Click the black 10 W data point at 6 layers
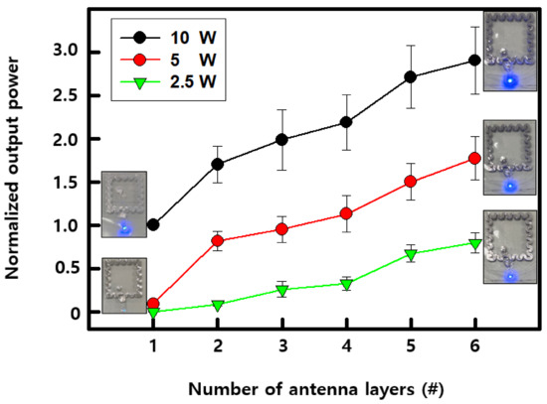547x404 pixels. click(x=474, y=61)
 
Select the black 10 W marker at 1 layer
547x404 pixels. click(x=152, y=225)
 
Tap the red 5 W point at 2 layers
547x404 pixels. click(x=217, y=241)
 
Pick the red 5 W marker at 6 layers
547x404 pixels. click(x=474, y=159)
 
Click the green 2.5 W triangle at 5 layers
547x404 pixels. click(x=410, y=255)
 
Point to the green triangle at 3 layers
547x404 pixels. click(x=281, y=291)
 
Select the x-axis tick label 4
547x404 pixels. click(x=345, y=344)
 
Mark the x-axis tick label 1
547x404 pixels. click(x=152, y=344)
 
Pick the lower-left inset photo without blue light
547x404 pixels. click(x=124, y=286)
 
